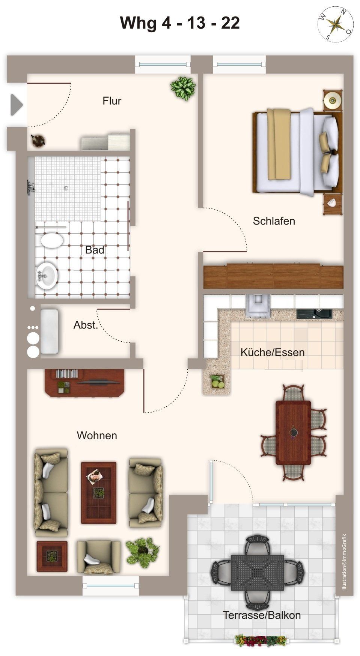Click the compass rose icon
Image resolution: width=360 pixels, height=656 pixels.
pyautogui.click(x=335, y=24)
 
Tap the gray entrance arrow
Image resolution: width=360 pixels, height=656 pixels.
pyautogui.click(x=17, y=104)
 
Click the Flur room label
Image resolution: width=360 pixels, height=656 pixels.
pyautogui.click(x=112, y=101)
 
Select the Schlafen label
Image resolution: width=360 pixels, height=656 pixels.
pyautogui.click(x=274, y=221)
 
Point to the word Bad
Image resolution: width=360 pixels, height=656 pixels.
pyautogui.click(x=95, y=250)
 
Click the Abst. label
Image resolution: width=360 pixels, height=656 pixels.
pyautogui.click(x=86, y=325)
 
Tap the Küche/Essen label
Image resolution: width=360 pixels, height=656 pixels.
pyautogui.click(x=272, y=352)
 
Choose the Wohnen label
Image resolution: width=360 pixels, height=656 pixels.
pyautogui.click(x=97, y=435)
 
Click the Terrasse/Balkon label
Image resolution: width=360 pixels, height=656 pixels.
pyautogui.click(x=262, y=615)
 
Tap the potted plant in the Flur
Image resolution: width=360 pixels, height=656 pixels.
pyautogui.click(x=183, y=88)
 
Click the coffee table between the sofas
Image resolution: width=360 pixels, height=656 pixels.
pyautogui.click(x=99, y=493)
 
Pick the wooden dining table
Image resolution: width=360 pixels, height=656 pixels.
pyautogui.click(x=293, y=433)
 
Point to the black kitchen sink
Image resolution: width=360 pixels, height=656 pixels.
pyautogui.click(x=314, y=314)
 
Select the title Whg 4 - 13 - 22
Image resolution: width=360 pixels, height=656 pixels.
pyautogui.click(x=180, y=23)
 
